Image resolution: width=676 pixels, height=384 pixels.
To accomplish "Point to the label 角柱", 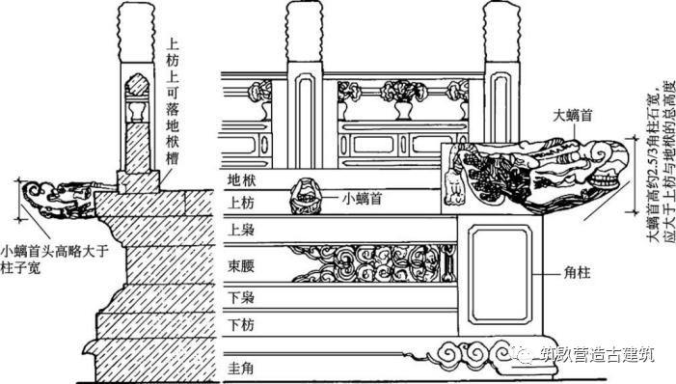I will click(579, 273).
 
